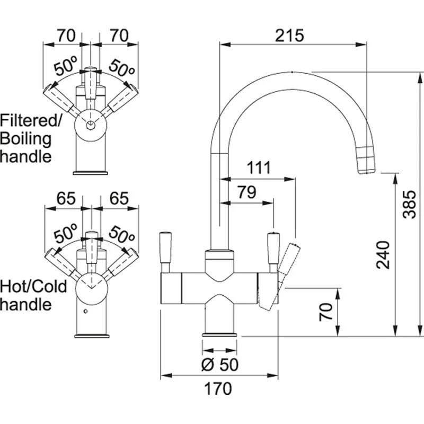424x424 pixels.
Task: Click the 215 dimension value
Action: click(289, 36)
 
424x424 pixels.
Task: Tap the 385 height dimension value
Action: click(409, 204)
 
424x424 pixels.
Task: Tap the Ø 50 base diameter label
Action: click(220, 365)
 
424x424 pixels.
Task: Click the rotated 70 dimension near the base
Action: click(327, 311)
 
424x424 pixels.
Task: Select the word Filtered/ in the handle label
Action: click(31, 121)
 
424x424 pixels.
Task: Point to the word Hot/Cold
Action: click(34, 287)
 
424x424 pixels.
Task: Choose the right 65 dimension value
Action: click(120, 198)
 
